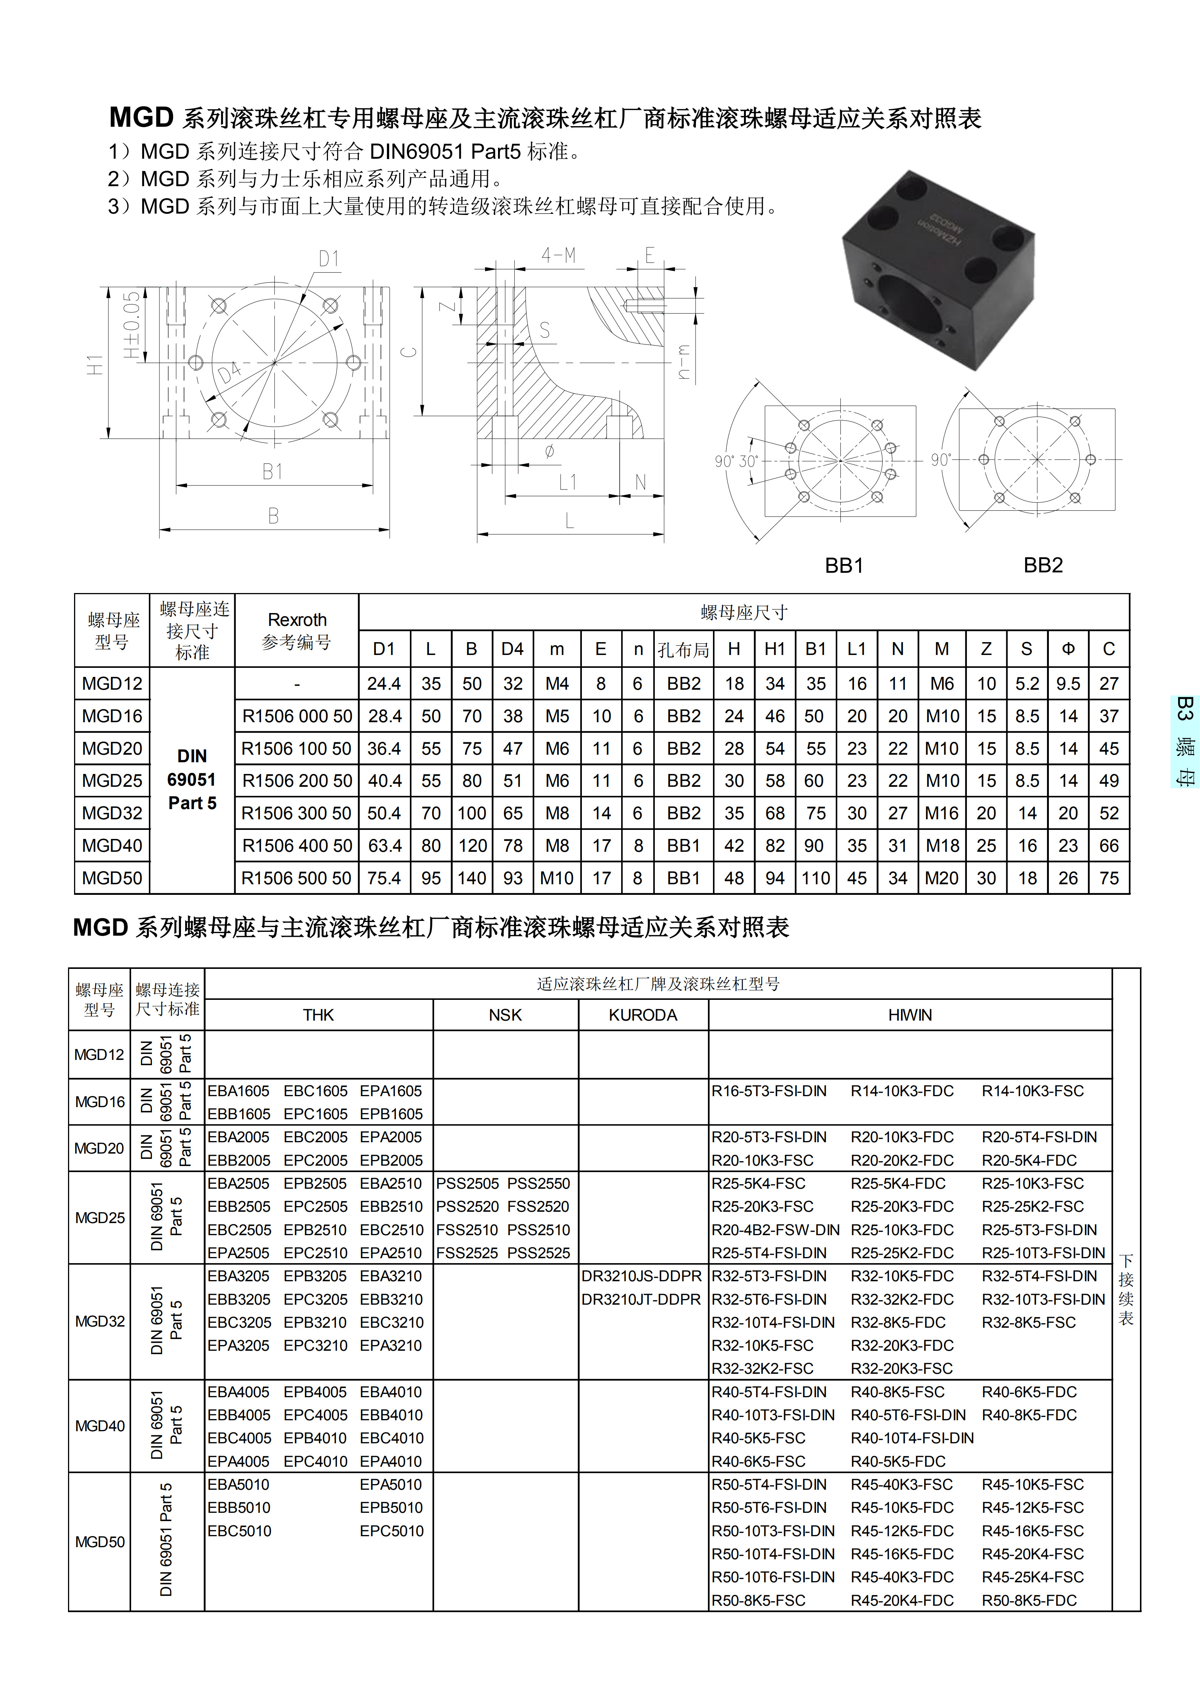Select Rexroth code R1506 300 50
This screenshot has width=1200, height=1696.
(x=296, y=813)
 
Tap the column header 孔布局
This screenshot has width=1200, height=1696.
(x=684, y=650)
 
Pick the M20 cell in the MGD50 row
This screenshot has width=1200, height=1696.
(x=942, y=878)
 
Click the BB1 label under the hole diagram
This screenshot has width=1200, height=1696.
(x=844, y=566)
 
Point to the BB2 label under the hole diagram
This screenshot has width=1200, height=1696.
(x=1042, y=566)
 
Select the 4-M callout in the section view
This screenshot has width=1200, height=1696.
(x=558, y=256)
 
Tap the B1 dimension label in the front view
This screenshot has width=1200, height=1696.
(x=273, y=471)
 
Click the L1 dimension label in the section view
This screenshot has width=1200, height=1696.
(x=567, y=482)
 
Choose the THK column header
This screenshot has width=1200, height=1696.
(x=319, y=1015)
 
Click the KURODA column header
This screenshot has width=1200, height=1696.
(x=643, y=1015)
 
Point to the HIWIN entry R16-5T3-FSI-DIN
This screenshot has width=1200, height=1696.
(x=769, y=1091)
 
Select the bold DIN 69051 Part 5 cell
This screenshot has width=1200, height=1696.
(x=192, y=780)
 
